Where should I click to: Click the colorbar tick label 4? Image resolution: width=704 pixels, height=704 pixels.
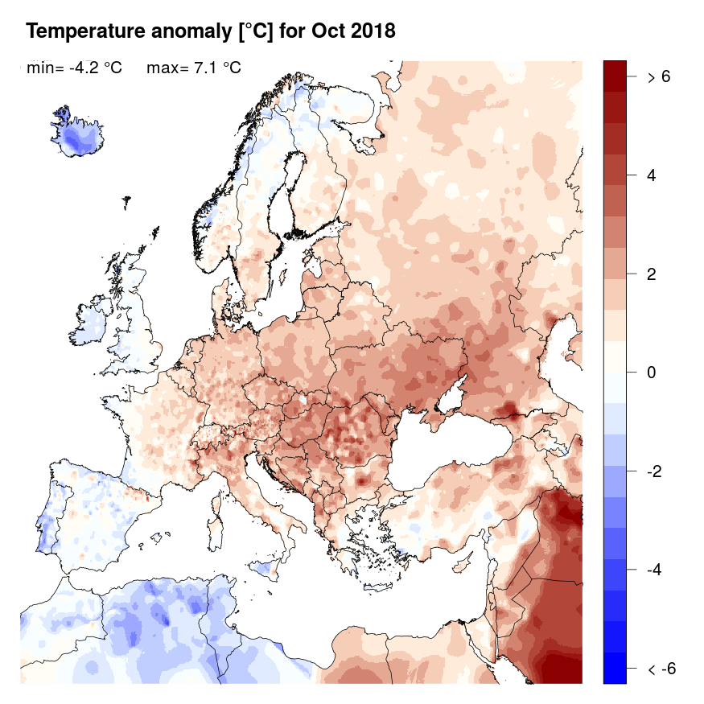coord(652,175)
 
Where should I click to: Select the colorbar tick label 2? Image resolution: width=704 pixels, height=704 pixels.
coord(652,274)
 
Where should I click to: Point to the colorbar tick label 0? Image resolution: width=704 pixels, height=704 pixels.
coord(652,373)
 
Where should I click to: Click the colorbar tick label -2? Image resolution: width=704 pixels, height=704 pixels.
coord(655,471)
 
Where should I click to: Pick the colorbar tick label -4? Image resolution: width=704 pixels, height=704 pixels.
coord(655,570)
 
